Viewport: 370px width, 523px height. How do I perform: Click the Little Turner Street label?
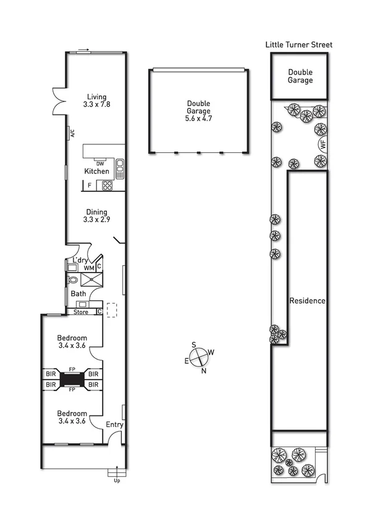299,44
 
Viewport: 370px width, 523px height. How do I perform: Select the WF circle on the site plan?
322,145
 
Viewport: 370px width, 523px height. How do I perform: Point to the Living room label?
96,97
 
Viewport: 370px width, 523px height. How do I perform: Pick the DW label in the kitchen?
99,163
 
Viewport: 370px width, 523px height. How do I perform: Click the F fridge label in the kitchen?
90,184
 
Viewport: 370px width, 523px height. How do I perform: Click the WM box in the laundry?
89,268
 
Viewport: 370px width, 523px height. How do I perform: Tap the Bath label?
78,294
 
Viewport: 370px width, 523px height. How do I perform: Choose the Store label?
81,311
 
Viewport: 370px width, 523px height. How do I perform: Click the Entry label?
114,424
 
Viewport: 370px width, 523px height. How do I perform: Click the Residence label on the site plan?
308,301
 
